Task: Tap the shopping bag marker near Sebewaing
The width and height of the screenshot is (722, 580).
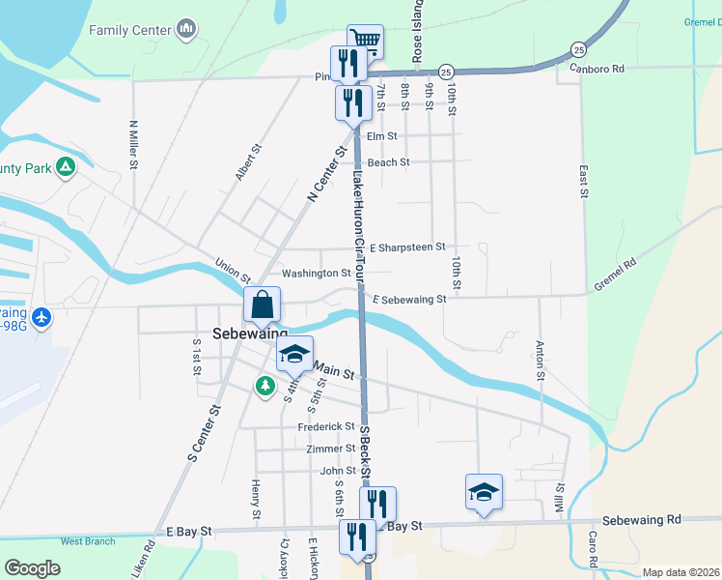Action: (263, 305)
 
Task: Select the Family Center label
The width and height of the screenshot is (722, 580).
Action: (130, 29)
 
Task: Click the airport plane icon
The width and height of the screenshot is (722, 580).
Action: (41, 316)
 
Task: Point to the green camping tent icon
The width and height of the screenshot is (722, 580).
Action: (66, 167)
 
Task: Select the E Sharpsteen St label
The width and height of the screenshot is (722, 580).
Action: (406, 247)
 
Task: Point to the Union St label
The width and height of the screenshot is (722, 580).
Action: (233, 262)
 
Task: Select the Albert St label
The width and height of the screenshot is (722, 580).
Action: (248, 162)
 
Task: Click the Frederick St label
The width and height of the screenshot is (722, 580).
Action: (326, 426)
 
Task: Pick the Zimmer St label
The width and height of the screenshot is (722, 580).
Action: (330, 449)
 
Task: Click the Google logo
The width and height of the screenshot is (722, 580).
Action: (32, 568)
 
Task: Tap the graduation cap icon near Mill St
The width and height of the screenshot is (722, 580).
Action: (484, 491)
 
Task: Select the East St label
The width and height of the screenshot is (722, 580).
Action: (584, 181)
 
